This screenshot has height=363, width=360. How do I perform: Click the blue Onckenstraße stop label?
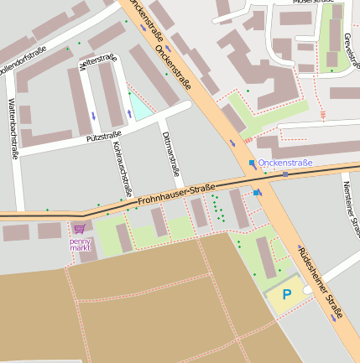[x=285, y=163]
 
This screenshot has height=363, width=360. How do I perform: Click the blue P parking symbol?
[x=286, y=294]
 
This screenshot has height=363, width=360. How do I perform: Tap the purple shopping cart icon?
[x=79, y=229]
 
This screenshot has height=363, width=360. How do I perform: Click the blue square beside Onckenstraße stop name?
[x=251, y=163]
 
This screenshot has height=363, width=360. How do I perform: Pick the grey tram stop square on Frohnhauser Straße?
[x=285, y=174]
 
